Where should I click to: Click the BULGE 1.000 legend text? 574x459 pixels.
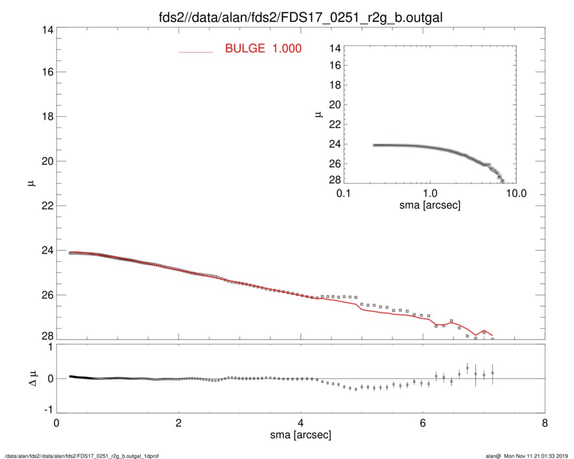(263, 49)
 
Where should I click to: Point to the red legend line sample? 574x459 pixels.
(196, 51)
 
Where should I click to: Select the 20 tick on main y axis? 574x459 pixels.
(47, 161)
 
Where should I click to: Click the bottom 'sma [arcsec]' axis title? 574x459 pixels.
(301, 435)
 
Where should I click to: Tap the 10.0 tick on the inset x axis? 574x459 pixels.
(516, 194)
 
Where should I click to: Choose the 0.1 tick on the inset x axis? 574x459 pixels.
(344, 194)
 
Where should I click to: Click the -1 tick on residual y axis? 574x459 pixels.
(47, 410)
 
